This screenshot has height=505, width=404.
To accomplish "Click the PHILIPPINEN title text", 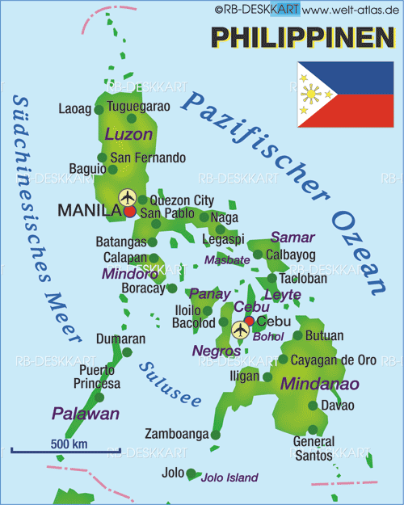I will (x=302, y=36).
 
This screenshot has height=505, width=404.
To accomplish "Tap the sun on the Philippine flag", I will (x=309, y=95).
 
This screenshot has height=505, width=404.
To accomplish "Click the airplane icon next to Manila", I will (x=127, y=196).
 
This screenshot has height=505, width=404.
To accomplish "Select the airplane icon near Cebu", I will (x=240, y=329).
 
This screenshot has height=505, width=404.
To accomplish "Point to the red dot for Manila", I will (x=130, y=212).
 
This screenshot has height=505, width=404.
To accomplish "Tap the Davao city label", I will (x=337, y=404).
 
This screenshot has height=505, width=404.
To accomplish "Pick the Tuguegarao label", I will (x=139, y=107).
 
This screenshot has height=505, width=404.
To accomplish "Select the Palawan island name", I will (x=86, y=414).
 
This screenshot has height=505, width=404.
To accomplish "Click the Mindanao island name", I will (x=319, y=383).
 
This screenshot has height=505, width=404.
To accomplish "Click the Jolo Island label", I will (x=229, y=478).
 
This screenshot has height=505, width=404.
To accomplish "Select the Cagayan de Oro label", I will (x=333, y=360).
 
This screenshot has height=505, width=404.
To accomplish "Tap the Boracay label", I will (x=142, y=287).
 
